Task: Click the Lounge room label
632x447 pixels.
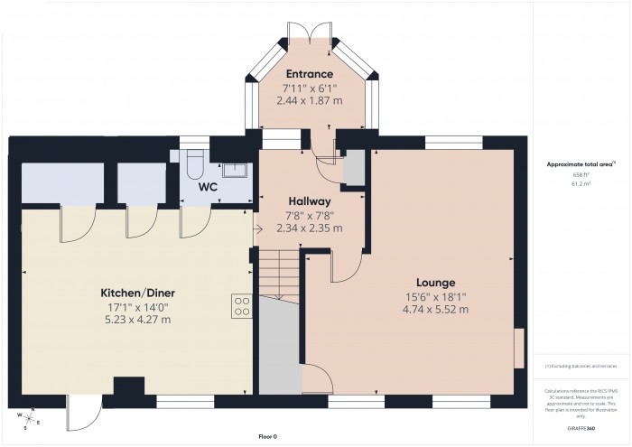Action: pos(436,282)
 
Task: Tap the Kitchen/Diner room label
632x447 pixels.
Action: pos(136,293)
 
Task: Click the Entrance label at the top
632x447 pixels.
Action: pos(310,73)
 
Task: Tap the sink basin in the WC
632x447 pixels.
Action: pos(236,168)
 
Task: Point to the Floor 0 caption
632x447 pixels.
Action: pos(267,436)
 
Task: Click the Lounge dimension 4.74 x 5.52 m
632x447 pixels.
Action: pos(436,310)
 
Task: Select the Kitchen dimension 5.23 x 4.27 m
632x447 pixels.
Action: pos(136,320)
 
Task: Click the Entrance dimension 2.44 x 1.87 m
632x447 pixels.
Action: pos(310,100)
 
